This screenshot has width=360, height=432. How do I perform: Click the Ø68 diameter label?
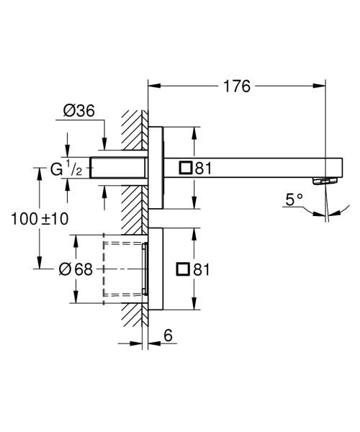pos(76,269)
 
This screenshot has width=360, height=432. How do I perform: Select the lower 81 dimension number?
pos(202,269)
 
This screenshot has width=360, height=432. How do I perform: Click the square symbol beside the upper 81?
pos(186,168)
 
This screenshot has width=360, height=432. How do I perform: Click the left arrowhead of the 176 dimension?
pos(152,87)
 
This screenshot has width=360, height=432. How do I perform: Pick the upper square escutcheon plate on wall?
pos(156,168)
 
